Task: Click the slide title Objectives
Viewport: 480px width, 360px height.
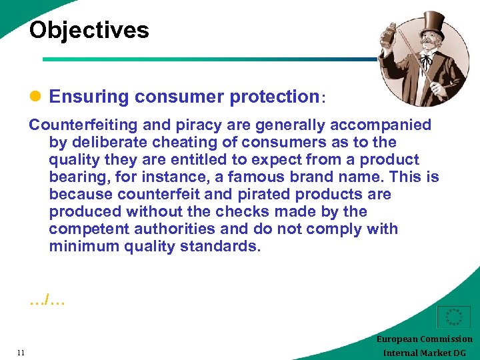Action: pyautogui.click(x=89, y=30)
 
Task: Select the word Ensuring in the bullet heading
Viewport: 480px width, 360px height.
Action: pyautogui.click(x=89, y=97)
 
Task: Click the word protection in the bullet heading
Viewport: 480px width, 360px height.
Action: pyautogui.click(x=275, y=97)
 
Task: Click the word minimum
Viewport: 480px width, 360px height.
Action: pyautogui.click(x=81, y=247)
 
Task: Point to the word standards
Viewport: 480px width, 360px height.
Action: pyautogui.click(x=225, y=247)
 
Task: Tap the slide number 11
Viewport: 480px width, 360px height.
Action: pyautogui.click(x=21, y=353)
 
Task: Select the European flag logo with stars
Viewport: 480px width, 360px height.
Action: pyautogui.click(x=453, y=317)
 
